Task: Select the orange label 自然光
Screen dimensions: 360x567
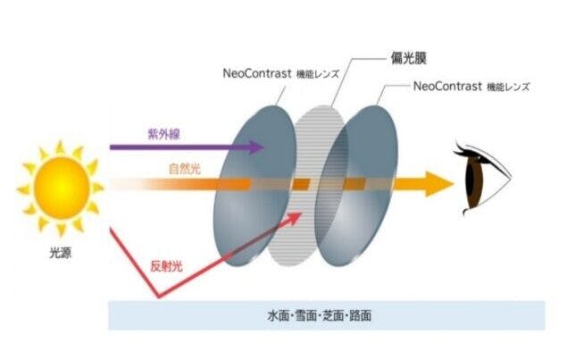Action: [x=183, y=168]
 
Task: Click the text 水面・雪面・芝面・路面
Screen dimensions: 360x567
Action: [x=325, y=316]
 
